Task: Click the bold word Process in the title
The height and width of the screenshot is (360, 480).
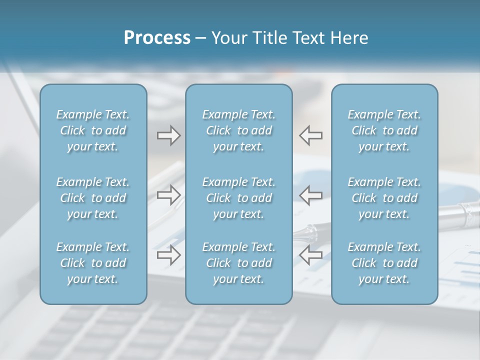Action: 157,38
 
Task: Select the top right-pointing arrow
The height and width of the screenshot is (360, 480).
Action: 168,135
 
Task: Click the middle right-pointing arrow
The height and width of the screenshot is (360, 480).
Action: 168,195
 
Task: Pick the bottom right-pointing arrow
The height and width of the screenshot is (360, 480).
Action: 168,255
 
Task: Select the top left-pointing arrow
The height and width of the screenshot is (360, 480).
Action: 311,135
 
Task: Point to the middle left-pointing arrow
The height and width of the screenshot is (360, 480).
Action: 311,195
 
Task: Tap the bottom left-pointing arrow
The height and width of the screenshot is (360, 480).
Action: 311,255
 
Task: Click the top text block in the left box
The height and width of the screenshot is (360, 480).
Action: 93,130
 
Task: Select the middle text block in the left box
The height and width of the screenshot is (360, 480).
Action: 93,198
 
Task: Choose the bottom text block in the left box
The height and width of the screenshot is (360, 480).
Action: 93,263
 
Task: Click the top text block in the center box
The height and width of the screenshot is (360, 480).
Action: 239,130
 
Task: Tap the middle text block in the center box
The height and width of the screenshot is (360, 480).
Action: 239,198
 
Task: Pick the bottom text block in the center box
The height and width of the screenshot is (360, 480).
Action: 239,263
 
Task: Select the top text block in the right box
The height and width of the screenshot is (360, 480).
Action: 384,130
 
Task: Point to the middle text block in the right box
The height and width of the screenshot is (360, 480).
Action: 384,198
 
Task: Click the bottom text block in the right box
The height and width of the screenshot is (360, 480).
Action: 384,263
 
